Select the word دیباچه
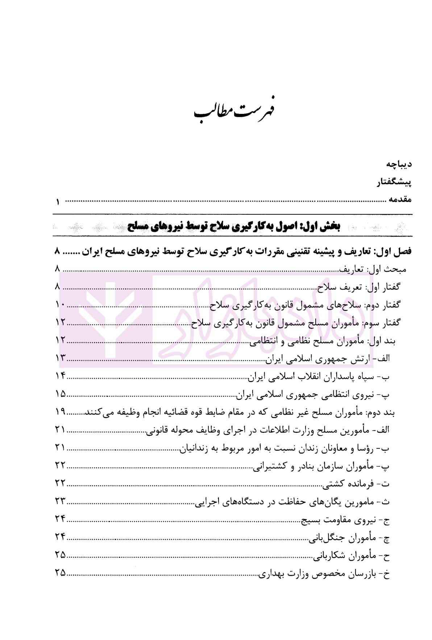(x=398, y=164)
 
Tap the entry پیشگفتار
(x=394, y=182)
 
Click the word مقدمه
(x=400, y=199)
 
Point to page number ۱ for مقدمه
(x=58, y=202)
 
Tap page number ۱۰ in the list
(x=60, y=305)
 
